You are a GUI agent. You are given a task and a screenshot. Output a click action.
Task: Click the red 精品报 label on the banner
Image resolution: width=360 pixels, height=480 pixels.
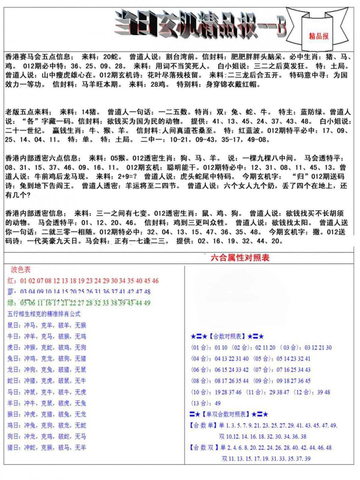(x=319, y=36)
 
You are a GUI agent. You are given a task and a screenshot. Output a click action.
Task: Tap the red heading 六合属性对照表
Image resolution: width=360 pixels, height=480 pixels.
(x=240, y=257)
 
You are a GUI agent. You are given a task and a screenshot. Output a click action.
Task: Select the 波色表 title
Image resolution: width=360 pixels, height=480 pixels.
(x=20, y=269)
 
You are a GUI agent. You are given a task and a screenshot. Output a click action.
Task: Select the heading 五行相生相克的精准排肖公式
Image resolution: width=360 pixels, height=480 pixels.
(x=44, y=314)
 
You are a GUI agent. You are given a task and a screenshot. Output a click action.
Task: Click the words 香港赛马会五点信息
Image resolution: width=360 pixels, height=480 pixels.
(x=38, y=57)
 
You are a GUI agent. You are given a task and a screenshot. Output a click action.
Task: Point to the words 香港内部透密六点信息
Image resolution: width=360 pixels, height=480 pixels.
(x=41, y=158)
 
